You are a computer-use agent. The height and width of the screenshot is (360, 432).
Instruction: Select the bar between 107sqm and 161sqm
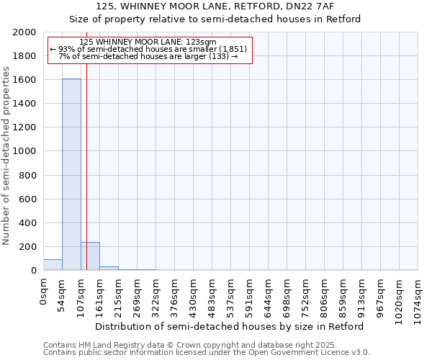(90, 256)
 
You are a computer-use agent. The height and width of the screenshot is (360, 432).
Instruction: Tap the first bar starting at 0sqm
(53, 265)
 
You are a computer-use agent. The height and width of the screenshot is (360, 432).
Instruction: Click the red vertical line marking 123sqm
(86, 166)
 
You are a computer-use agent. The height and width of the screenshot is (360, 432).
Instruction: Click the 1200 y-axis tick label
(26, 127)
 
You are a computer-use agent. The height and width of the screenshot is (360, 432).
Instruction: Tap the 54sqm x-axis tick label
(62, 292)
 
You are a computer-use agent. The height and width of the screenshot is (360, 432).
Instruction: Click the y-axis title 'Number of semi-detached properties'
(6, 156)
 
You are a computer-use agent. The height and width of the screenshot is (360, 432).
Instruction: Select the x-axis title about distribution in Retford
(230, 326)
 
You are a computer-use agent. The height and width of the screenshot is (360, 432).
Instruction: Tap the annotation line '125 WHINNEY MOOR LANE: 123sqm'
(148, 42)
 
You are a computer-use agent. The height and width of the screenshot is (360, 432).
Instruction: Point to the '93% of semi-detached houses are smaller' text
(148, 49)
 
